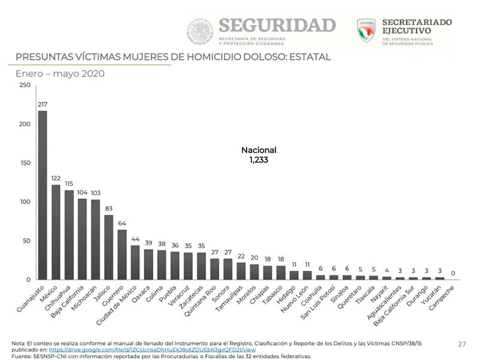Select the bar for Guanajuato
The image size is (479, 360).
click(42, 195)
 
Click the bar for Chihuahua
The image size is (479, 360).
click(69, 235)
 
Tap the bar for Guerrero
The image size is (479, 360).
click(122, 255)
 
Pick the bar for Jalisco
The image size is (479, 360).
click(108, 247)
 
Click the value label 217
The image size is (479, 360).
click(43, 105)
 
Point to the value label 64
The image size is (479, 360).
click(122, 223)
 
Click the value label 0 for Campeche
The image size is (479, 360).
click(453, 273)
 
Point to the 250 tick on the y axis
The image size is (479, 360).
click(25, 85)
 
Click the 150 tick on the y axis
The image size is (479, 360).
click(25, 163)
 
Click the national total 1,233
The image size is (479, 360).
click(259, 161)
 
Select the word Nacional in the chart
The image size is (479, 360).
click(259, 150)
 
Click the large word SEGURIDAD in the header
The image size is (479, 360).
click(277, 26)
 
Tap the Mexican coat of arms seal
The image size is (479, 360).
click(199, 31)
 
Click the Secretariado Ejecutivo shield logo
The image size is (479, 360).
click(366, 31)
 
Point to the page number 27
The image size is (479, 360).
click(462, 344)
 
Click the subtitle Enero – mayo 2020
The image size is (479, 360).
click(60, 74)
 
